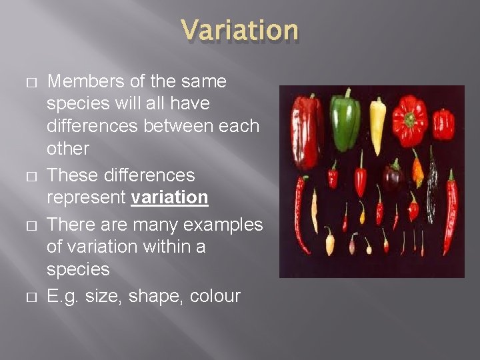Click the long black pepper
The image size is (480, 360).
click(433, 183)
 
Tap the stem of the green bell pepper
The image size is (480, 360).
click(347, 94)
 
